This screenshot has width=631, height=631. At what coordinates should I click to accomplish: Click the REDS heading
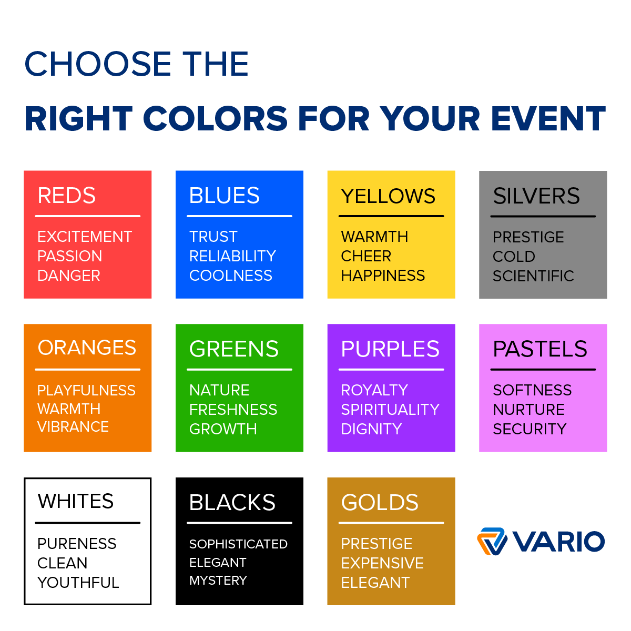(x=67, y=196)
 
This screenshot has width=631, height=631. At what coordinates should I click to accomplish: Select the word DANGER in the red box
(x=69, y=276)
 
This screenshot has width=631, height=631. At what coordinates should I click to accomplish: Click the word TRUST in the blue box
(x=213, y=237)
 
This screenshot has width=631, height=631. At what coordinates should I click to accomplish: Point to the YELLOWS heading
(x=388, y=196)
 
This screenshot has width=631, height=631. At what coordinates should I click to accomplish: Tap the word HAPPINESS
(x=383, y=276)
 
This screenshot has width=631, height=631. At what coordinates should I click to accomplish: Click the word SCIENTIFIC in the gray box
(x=533, y=276)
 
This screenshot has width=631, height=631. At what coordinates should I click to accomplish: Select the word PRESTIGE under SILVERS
(x=528, y=237)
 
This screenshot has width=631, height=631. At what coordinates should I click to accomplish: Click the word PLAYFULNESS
(x=86, y=390)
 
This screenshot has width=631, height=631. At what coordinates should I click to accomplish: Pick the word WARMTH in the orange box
(x=69, y=409)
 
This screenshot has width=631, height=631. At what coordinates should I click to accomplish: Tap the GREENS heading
(x=234, y=349)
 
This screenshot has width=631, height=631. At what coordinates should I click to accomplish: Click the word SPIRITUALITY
(x=390, y=410)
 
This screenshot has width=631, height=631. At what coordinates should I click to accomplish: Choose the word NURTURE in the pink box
(x=528, y=410)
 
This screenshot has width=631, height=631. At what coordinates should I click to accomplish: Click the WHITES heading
(x=76, y=501)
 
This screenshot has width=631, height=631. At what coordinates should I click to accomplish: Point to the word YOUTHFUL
(x=78, y=583)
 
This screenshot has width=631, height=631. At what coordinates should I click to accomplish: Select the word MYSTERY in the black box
(x=218, y=581)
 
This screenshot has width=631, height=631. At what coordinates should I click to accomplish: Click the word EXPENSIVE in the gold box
(x=382, y=563)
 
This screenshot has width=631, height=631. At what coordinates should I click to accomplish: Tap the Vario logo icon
(x=492, y=541)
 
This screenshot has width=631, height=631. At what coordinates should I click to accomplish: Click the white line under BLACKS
(x=239, y=523)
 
